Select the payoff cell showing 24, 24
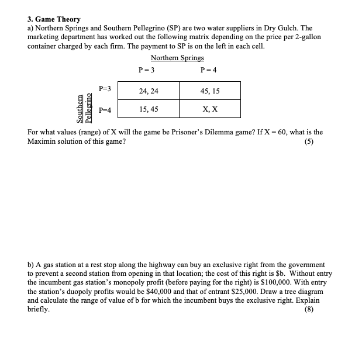pyautogui.click(x=149, y=91)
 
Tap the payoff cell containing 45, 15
pyautogui.click(x=210, y=91)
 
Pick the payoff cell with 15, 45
pyautogui.click(x=149, y=109)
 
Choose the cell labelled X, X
pyautogui.click(x=210, y=109)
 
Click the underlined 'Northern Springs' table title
pyautogui.click(x=177, y=58)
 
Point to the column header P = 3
pyautogui.click(x=146, y=70)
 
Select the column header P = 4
pyautogui.click(x=208, y=70)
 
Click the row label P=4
pyautogui.click(x=106, y=109)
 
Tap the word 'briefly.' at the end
pyautogui.click(x=39, y=310)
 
